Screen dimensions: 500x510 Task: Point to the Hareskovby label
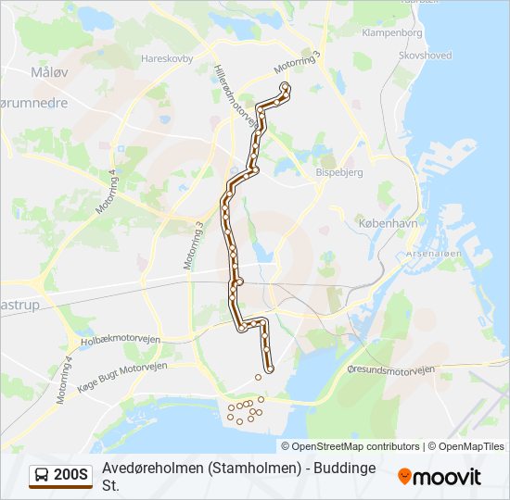click(166, 57)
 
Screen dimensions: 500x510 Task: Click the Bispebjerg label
click(339, 172)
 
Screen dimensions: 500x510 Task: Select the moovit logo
click(440, 477)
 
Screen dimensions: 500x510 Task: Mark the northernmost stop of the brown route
click(284, 86)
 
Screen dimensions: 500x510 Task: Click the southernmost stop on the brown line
click(270, 370)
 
